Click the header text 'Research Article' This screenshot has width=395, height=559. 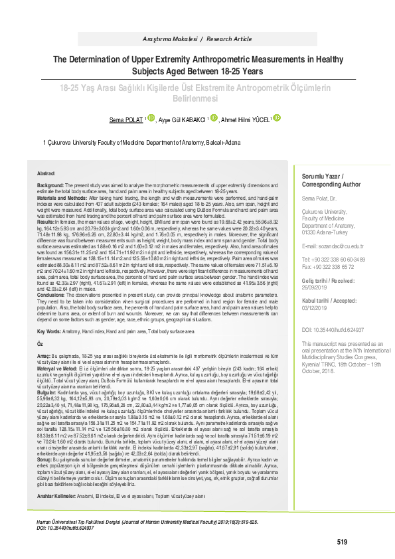(224, 39)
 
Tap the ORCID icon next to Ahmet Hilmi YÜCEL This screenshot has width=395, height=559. (277, 118)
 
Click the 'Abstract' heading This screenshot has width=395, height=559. (46, 171)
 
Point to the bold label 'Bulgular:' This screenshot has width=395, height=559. (48, 374)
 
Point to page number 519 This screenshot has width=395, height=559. (342, 542)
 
